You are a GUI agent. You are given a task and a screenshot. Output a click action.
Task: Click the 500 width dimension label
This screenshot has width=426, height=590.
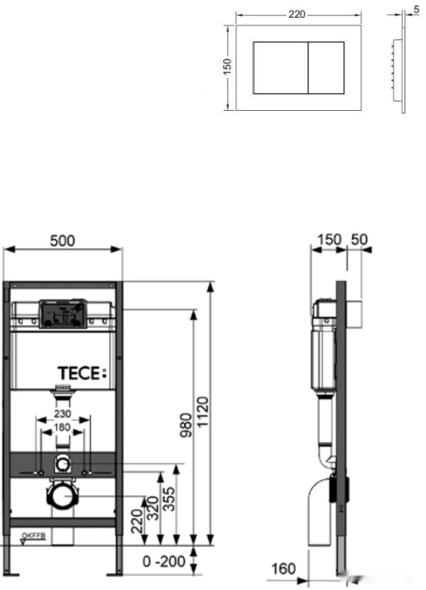click(x=63, y=240)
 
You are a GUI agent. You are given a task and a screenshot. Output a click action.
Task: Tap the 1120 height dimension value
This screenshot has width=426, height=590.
click(x=202, y=412)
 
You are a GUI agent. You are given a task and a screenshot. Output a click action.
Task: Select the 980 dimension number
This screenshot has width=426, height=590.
click(x=186, y=425)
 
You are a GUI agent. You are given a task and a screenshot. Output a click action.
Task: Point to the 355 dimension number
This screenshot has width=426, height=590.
click(x=169, y=499)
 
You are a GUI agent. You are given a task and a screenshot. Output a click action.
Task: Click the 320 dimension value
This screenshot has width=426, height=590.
click(x=152, y=508)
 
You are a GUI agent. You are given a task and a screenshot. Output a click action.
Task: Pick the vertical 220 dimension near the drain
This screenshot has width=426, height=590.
click(x=136, y=521)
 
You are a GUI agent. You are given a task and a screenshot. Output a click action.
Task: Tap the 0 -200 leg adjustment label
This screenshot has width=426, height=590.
click(x=164, y=562)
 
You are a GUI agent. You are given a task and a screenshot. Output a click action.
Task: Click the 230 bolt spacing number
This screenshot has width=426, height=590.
click(x=63, y=414)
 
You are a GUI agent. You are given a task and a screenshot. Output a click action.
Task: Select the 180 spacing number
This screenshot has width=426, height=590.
click(x=62, y=428)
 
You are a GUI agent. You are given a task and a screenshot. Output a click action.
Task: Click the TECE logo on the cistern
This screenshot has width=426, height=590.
click(x=82, y=373)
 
